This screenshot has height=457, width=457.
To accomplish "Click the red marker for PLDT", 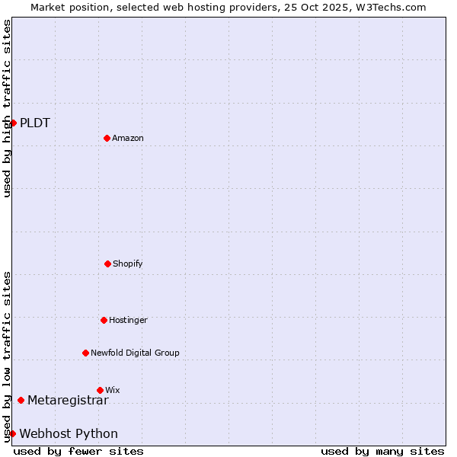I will [x=13, y=123].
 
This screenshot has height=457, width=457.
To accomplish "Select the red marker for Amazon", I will [x=107, y=138].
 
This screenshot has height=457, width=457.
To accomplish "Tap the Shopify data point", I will [x=107, y=264].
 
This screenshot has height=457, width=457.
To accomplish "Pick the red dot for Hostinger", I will [x=104, y=320].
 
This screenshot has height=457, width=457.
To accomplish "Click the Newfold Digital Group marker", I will [x=85, y=353].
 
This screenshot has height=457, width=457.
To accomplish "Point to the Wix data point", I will [x=100, y=390].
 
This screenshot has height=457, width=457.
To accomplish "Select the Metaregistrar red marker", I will [x=21, y=400].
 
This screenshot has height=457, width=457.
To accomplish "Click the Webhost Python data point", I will [x=13, y=433].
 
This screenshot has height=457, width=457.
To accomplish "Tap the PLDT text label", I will [x=35, y=123].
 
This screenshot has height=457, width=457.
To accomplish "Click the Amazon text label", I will [x=128, y=138].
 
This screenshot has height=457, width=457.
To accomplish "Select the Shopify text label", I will [x=128, y=264].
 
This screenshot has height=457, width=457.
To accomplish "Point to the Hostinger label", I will [x=128, y=320].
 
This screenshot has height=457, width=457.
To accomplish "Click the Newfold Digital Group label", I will [x=135, y=353].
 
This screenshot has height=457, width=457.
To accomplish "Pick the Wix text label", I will [x=113, y=390].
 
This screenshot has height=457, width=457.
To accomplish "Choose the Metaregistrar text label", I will [x=68, y=400].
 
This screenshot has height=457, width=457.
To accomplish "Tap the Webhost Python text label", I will [x=69, y=433].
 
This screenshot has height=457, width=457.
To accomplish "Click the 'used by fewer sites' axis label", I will [x=78, y=451].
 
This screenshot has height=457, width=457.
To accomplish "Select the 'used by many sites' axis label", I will [x=382, y=451].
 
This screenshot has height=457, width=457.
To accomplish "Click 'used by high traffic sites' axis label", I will [x=7, y=108].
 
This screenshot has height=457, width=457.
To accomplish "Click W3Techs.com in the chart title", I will [x=388, y=7].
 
